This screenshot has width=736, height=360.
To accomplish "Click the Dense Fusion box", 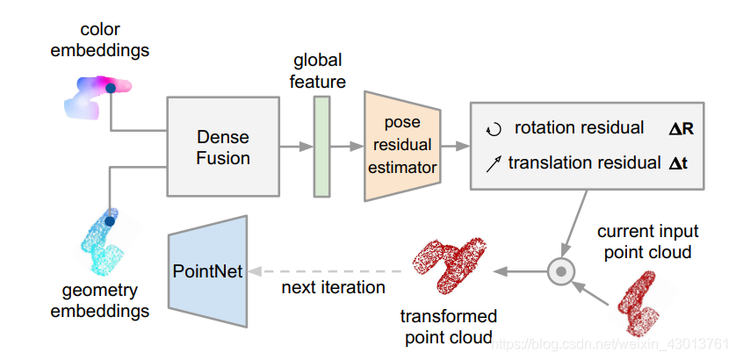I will (x=223, y=147).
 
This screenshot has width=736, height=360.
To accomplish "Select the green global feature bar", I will (x=321, y=146).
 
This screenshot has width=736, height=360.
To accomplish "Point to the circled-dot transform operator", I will (x=559, y=271).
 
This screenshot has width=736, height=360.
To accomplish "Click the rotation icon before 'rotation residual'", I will (x=493, y=129).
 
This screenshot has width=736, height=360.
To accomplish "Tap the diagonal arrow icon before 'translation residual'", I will (x=493, y=162).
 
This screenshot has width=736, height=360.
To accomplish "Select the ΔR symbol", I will (x=682, y=129).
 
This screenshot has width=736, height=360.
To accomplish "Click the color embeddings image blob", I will (x=96, y=94).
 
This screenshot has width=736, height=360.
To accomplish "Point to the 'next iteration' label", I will (x=333, y=287).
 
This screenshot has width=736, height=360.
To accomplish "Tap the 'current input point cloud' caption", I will (x=648, y=241).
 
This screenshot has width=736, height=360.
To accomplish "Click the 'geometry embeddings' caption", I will (x=99, y=301).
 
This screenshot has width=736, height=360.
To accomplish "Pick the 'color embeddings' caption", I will (x=99, y=40).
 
